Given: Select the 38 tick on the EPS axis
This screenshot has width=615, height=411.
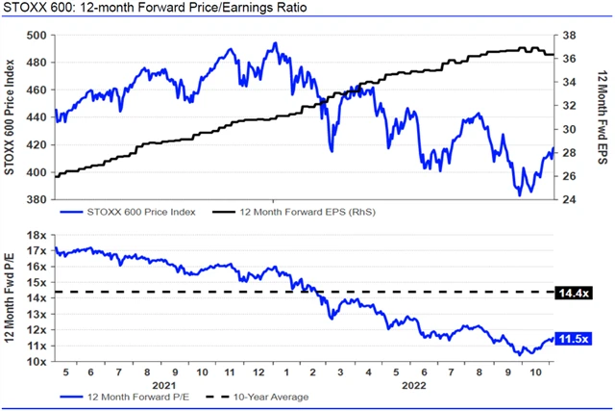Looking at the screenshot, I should coord(569,35).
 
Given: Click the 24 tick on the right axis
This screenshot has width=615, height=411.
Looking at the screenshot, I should coord(569,200).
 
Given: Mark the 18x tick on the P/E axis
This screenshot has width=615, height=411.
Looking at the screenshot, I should coord(38,236).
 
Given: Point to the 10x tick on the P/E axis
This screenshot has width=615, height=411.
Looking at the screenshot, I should coord(38,362).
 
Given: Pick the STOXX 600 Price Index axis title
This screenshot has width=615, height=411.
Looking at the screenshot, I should coord(11,117).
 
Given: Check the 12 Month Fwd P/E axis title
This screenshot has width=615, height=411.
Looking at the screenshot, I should coord(11,298).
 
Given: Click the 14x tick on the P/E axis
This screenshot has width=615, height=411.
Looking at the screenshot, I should coord(38,298).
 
